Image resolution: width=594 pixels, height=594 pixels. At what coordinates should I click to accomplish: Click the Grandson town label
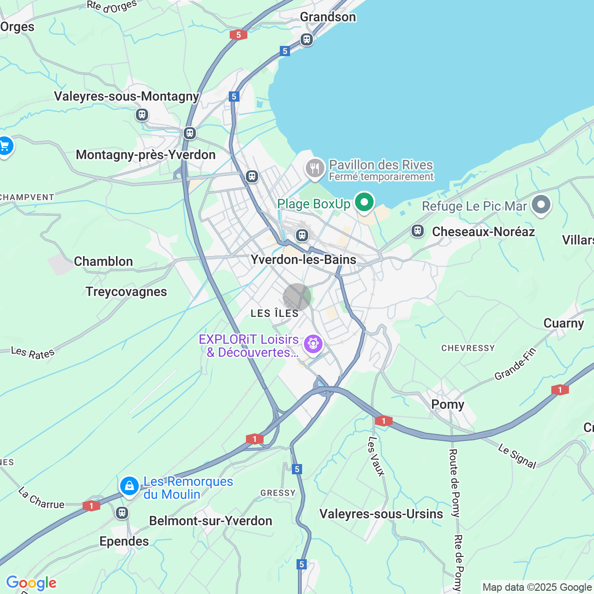pos(328,17)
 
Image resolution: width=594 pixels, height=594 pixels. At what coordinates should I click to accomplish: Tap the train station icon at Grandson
pos(306,39)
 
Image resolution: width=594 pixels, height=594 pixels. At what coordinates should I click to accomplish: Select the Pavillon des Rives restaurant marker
pos(315,168)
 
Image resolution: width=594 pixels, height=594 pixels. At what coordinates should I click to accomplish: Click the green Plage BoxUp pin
pos(364,202)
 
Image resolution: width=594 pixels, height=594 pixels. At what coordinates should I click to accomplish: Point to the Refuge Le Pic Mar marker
pos(541,205)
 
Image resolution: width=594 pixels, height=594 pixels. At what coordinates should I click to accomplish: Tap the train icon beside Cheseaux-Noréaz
pos(418,231)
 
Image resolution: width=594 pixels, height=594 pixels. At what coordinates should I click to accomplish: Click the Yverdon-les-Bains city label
pos(303,259)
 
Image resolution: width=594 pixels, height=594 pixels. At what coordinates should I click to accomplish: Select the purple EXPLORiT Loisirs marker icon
pos(313,344)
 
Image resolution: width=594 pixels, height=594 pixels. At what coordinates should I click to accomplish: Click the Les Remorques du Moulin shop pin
pos(129,486)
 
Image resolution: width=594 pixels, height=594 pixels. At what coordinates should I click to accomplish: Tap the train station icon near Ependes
pos(122,513)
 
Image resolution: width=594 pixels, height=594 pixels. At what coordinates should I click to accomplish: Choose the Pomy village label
pos(447,405)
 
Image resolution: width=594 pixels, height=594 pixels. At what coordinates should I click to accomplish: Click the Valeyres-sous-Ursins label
pos(381,514)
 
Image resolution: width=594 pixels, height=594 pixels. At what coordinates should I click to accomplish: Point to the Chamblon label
pos(103,262)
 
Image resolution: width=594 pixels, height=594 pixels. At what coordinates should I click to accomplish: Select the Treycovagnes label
pos(126,292)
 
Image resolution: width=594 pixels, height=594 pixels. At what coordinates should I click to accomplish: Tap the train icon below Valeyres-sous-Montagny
pos(142,114)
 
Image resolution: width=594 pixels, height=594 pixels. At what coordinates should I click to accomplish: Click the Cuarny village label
pos(563,323)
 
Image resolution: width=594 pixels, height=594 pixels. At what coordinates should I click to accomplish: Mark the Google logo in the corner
pos(31,583)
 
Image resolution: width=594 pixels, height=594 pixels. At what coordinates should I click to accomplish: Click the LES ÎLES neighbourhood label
pos(275,314)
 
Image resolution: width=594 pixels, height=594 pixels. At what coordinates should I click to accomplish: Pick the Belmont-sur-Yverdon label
pos(210,521)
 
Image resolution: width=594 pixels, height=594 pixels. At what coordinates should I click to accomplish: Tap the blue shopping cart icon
pos(5,147)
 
